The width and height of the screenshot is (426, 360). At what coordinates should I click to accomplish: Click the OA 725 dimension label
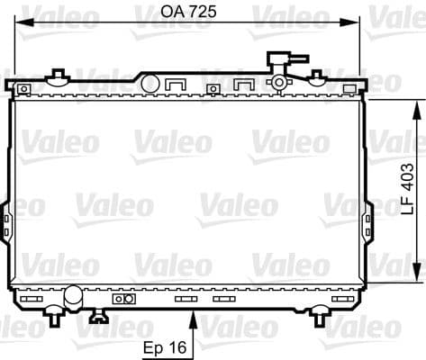click(188, 12)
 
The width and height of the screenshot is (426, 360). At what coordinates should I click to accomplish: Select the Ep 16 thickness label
click(166, 346)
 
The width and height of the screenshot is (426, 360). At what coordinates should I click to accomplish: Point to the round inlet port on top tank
click(150, 84)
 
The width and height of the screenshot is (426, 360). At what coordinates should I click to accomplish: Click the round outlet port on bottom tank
click(72, 294)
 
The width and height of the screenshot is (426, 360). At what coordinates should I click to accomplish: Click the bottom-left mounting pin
click(55, 316)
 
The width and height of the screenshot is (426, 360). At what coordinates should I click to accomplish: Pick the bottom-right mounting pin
click(319, 316)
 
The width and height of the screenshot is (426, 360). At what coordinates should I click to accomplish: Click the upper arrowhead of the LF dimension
click(416, 108)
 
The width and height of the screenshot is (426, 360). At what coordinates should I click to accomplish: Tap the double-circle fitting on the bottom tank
click(126, 298)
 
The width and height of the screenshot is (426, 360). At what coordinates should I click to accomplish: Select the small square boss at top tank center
click(213, 88)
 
